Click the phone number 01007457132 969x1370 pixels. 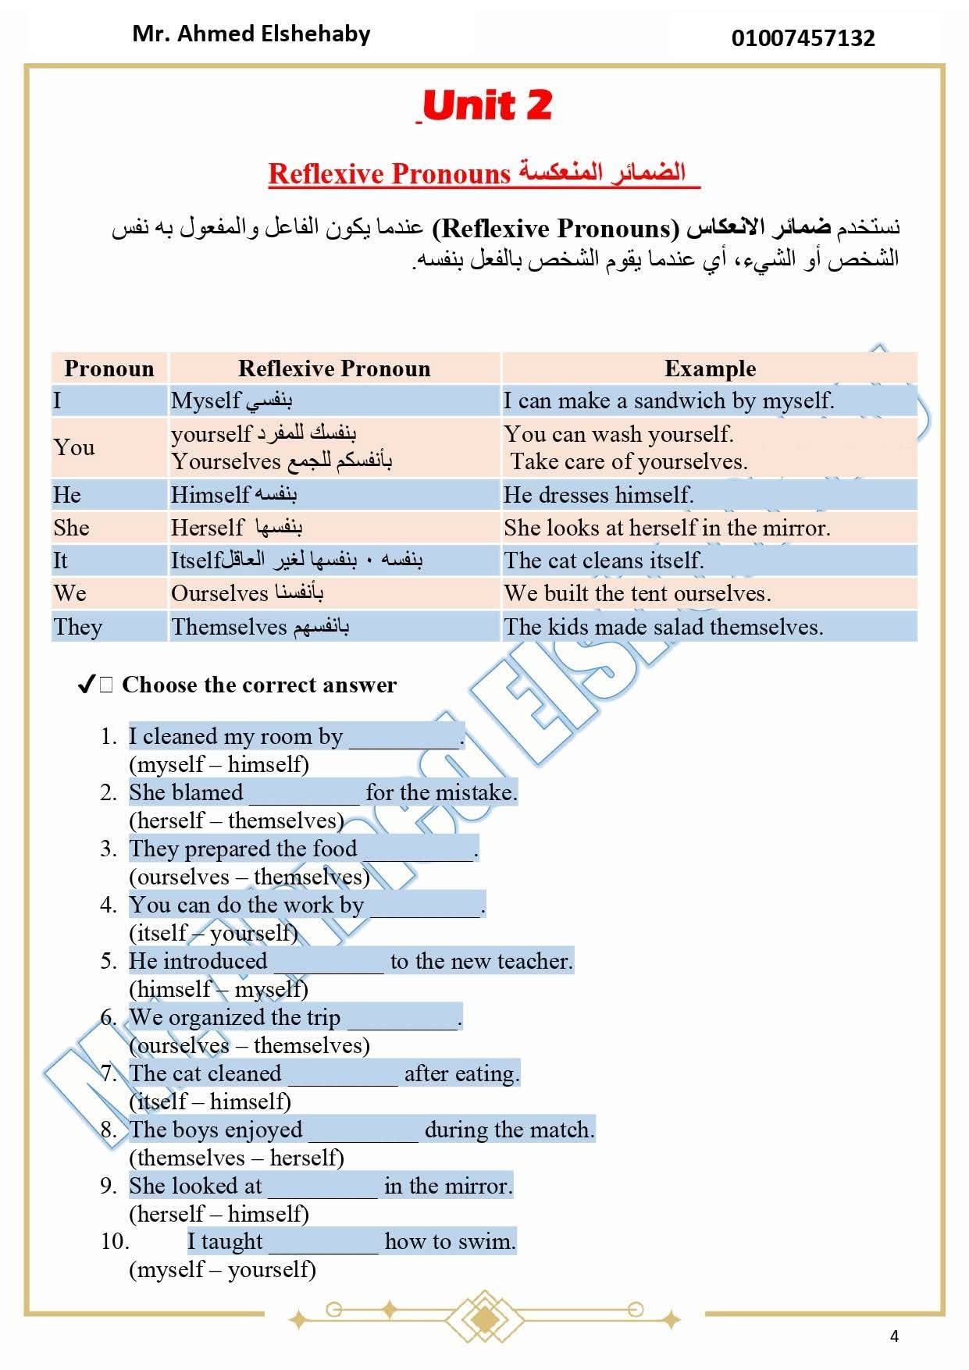pos(803,38)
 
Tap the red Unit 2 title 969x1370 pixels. pos(486,105)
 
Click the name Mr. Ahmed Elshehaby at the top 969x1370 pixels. pos(251,34)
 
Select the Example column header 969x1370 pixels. pos(710,368)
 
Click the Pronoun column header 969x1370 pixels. pos(109,368)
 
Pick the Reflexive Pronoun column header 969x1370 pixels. pos(334,368)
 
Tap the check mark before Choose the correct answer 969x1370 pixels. pos(87,685)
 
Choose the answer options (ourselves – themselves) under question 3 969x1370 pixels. pos(249,877)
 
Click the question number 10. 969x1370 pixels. pos(115,1241)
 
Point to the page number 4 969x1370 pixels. pos(894,1336)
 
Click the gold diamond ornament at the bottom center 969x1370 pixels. pos(484,1319)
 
